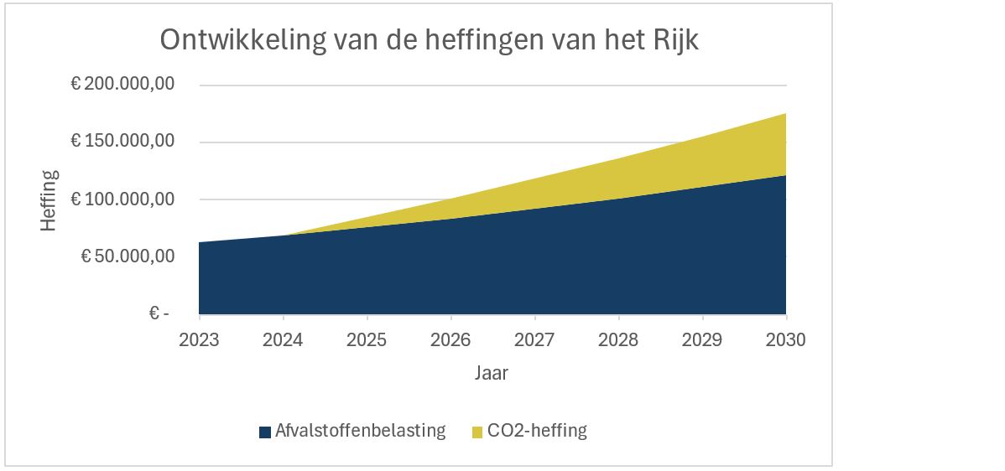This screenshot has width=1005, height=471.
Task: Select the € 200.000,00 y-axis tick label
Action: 122,85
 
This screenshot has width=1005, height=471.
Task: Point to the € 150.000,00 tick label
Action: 122,142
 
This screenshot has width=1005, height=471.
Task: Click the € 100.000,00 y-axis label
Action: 122,199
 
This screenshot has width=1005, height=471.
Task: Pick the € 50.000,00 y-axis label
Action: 127,256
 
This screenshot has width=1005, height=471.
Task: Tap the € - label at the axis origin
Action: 159,313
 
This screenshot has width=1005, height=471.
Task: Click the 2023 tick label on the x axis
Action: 200,340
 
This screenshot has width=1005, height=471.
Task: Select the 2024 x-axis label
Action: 284,340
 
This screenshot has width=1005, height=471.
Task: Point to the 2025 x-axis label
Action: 367,340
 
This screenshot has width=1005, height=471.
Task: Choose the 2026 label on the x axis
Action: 451,340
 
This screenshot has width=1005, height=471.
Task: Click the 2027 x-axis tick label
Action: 534,340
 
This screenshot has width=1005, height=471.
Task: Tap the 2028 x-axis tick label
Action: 618,340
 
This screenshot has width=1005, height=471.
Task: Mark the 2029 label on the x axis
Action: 702,340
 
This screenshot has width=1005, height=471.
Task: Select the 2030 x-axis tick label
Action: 786,340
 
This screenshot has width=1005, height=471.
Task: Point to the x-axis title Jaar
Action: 492,373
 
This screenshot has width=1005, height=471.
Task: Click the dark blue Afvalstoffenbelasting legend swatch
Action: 265,432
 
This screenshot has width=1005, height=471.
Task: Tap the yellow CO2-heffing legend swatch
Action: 477,432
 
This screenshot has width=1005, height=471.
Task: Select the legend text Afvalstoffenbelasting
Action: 361,432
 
